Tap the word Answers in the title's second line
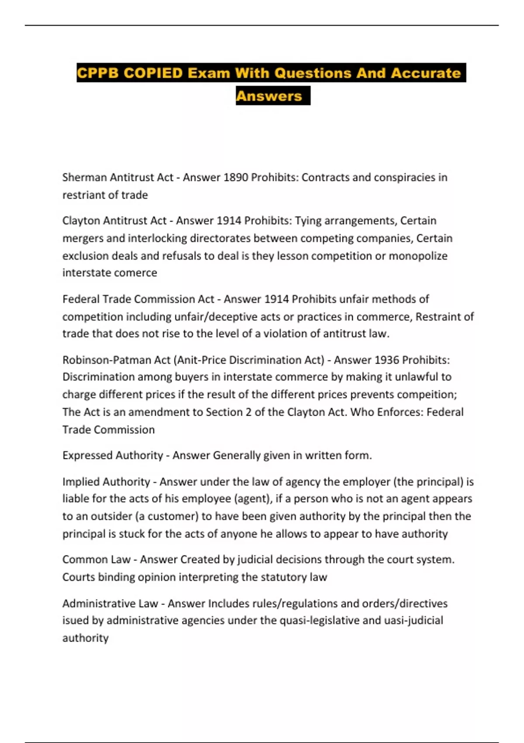coord(269,96)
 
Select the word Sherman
coord(84,177)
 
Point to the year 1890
coord(236,177)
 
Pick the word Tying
coord(308,221)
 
